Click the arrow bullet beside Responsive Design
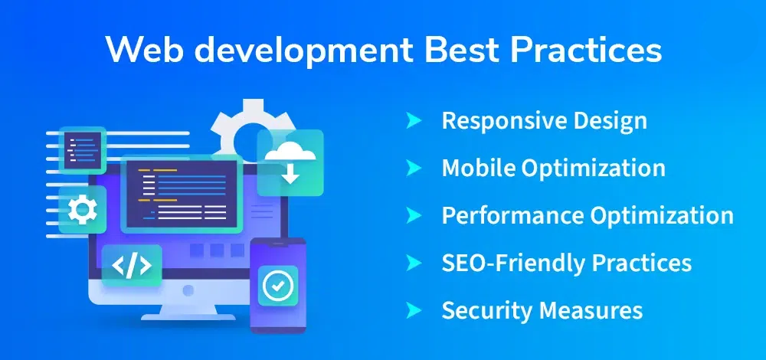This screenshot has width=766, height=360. pyautogui.click(x=414, y=121)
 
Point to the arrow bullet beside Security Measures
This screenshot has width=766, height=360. pyautogui.click(x=414, y=309)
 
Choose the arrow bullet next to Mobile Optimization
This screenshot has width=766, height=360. pyautogui.click(x=414, y=168)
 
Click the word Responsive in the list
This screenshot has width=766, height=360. pyautogui.click(x=506, y=121)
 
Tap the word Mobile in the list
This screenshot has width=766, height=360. pyautogui.click(x=478, y=168)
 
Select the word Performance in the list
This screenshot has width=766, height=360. pyautogui.click(x=512, y=215)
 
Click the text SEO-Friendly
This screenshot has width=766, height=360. pyautogui.click(x=513, y=263)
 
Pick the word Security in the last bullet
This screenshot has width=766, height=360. pyautogui.click(x=489, y=310)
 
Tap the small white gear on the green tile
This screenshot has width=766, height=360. pyautogui.click(x=83, y=209)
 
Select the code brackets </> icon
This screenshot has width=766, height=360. pyautogui.click(x=132, y=266)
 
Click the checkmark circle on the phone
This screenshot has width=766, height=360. pyautogui.click(x=277, y=285)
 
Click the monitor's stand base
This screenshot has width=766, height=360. pyautogui.click(x=188, y=317)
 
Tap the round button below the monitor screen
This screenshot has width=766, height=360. pyautogui.click(x=188, y=290)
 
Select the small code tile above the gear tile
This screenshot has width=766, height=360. pyautogui.click(x=83, y=150)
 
